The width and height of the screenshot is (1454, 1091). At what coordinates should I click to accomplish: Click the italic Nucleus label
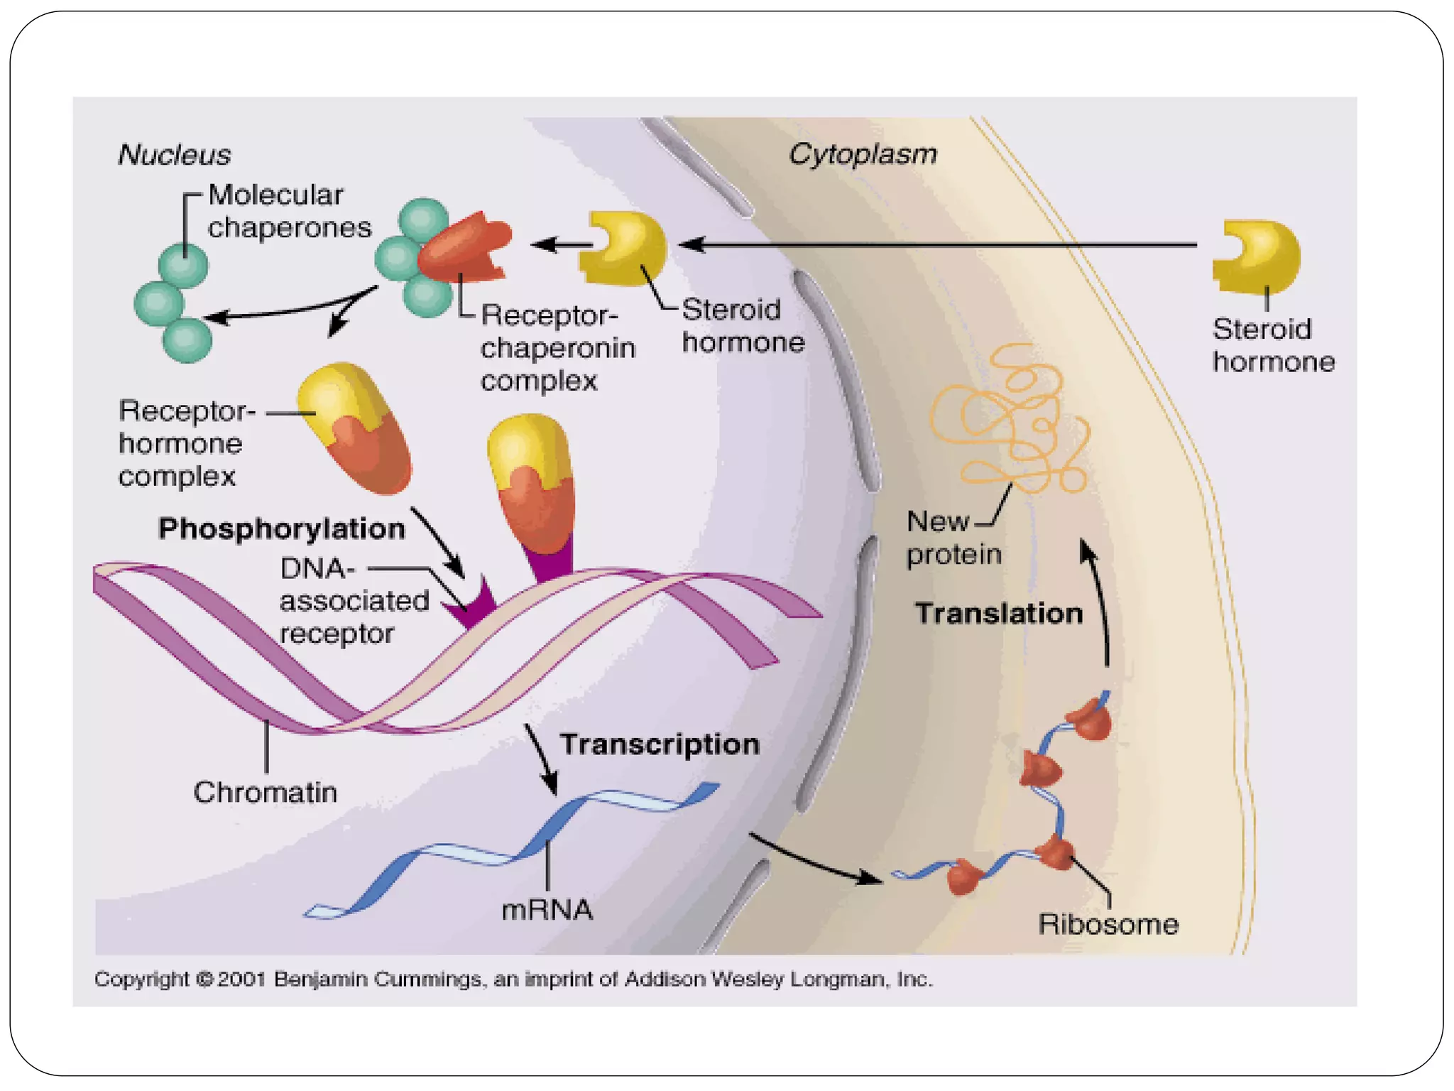click(x=174, y=155)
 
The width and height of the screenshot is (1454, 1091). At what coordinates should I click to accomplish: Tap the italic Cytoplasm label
click(x=863, y=154)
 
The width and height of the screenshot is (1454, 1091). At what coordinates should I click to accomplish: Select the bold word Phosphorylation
click(x=281, y=528)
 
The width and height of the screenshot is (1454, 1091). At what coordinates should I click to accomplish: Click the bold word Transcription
click(x=660, y=744)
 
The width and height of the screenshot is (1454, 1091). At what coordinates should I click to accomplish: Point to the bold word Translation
click(x=998, y=614)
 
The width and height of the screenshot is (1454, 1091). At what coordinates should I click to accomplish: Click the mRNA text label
click(x=547, y=910)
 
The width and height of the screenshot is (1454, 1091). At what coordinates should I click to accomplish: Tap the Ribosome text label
click(x=1108, y=924)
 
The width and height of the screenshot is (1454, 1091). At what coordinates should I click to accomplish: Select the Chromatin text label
click(x=265, y=792)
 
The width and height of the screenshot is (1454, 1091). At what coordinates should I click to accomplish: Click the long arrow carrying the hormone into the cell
click(x=937, y=244)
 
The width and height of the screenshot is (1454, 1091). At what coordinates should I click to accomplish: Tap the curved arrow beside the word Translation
click(x=1100, y=604)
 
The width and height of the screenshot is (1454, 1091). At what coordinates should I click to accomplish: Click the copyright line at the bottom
click(x=513, y=979)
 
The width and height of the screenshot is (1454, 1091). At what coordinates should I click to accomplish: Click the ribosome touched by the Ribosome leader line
click(x=1056, y=852)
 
